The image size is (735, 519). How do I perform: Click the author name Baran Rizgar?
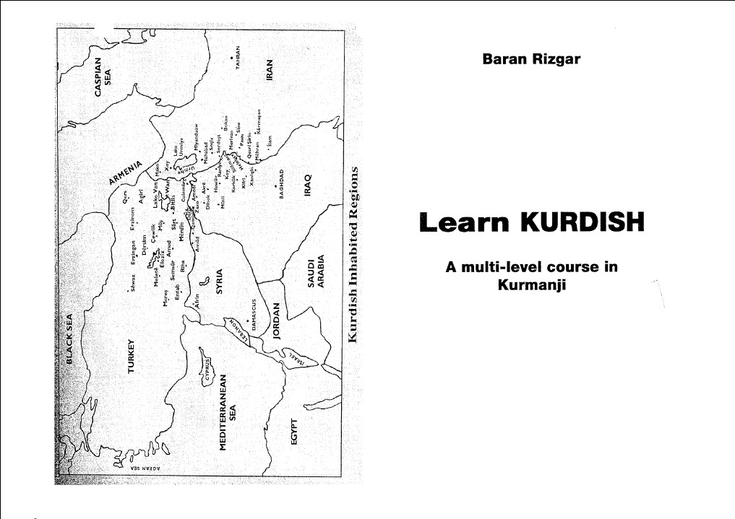[531, 58]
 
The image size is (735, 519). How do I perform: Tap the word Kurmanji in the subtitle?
[531, 285]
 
